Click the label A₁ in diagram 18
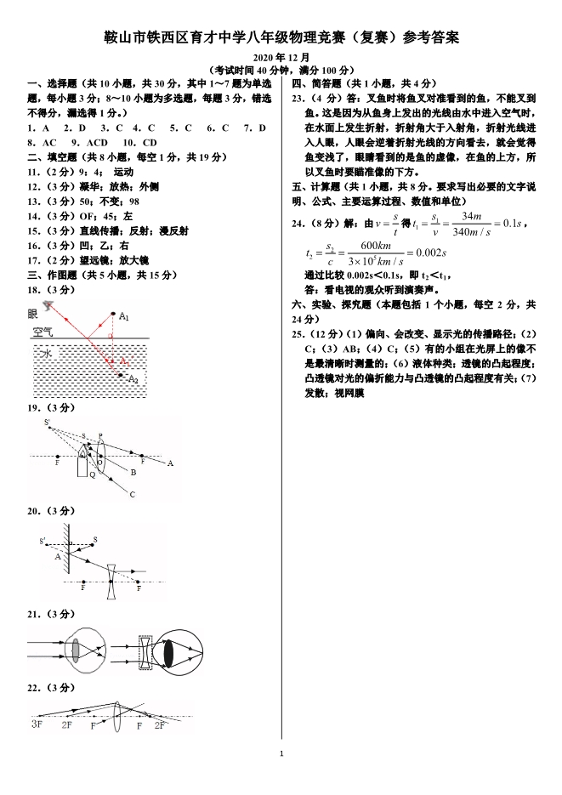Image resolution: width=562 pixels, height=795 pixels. point(124,317)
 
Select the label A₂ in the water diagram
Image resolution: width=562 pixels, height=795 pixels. point(133,379)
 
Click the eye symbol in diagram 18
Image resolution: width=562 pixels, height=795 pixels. point(54,304)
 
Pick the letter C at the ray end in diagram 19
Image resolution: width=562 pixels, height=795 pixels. point(133,494)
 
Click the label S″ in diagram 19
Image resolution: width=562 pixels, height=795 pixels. point(48,422)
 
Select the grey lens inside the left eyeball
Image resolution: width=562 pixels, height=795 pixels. point(76,650)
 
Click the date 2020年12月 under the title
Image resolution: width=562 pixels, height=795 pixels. point(281,57)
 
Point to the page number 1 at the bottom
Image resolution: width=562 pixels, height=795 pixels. point(281,753)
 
